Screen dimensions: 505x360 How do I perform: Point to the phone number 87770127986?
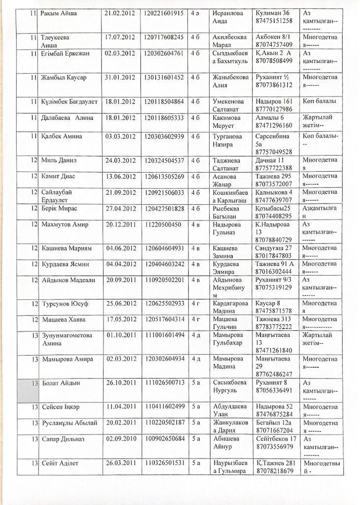[275, 108]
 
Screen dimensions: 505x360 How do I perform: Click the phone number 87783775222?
[275, 326]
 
